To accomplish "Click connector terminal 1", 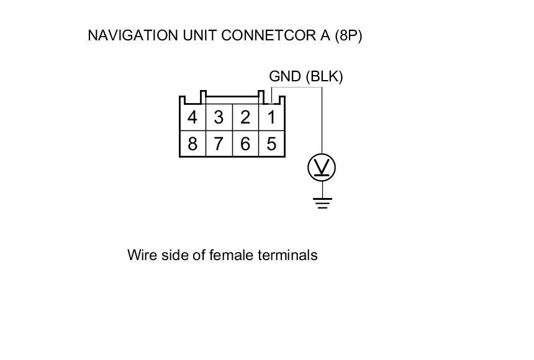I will click(x=271, y=117).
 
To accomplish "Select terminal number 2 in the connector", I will click(x=245, y=117).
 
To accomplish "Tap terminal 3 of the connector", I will click(x=219, y=117).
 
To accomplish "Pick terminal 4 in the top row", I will click(x=192, y=117).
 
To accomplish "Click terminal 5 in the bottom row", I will click(x=271, y=144).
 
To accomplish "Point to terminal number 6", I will click(x=245, y=144).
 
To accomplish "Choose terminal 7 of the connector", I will click(x=219, y=144).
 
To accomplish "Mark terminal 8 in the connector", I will click(x=192, y=144).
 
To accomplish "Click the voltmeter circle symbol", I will click(x=322, y=168).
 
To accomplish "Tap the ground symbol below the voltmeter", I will click(x=322, y=202).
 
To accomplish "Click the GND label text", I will click(x=285, y=76).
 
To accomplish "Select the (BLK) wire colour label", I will click(x=324, y=76).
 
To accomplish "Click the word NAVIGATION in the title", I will click(x=132, y=35).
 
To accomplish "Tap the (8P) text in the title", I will click(x=348, y=35).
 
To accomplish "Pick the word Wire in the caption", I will click(x=140, y=255).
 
